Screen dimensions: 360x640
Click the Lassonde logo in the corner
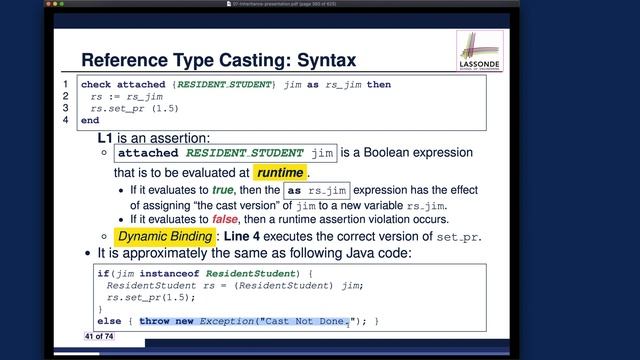tap(478, 51)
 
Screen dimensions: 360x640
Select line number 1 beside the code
tap(66, 85)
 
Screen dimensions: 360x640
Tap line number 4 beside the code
tap(66, 120)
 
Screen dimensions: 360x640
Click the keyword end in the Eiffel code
tap(90, 120)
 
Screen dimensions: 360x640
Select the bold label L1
tap(109, 136)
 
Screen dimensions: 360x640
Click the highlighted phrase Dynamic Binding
tap(164, 237)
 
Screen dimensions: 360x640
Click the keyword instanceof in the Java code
tap(178, 273)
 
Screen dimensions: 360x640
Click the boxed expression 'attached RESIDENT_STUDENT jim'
tap(225, 154)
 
